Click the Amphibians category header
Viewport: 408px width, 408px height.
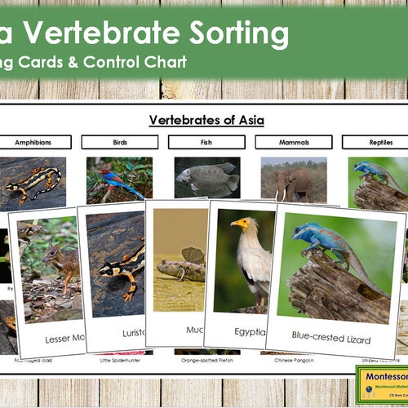click(33, 142)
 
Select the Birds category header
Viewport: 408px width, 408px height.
click(119, 142)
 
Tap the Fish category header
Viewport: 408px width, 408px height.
click(206, 142)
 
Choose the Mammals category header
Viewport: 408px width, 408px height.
click(293, 142)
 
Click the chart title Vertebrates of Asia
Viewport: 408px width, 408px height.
click(206, 120)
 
